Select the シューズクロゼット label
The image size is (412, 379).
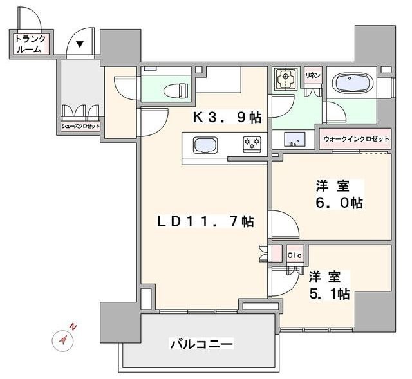point(80,126)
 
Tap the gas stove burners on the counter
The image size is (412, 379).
point(251,143)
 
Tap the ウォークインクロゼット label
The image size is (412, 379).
point(356,139)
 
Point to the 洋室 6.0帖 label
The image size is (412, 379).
point(339,194)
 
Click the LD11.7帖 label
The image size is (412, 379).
point(206,222)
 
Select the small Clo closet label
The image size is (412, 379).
point(294,254)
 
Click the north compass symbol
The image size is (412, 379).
point(63,340)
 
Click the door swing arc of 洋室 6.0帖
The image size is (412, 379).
point(284,225)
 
